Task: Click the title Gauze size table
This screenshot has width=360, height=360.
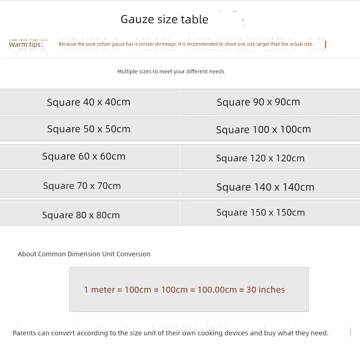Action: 164,19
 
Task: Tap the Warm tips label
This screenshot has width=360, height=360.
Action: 26,44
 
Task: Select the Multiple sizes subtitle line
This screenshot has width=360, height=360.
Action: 171,71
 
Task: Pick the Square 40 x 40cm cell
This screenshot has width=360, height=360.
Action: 89,102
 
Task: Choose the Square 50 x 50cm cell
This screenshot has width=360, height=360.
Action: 89,129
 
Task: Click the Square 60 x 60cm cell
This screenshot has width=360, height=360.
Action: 84,156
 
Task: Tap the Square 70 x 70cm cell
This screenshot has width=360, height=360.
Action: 82,186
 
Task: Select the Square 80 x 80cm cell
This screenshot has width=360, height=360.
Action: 81,215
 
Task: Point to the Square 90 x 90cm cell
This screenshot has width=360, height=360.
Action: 258,102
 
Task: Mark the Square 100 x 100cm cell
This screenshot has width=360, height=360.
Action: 263,129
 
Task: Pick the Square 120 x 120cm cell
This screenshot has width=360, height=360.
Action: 260,158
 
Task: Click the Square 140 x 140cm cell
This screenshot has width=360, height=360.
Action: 265,187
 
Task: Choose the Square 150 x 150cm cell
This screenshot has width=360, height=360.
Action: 261,213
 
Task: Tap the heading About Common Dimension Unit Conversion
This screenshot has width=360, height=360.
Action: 84,254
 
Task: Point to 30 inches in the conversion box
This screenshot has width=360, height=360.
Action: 266,290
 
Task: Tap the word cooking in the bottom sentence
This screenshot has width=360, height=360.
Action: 211,333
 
